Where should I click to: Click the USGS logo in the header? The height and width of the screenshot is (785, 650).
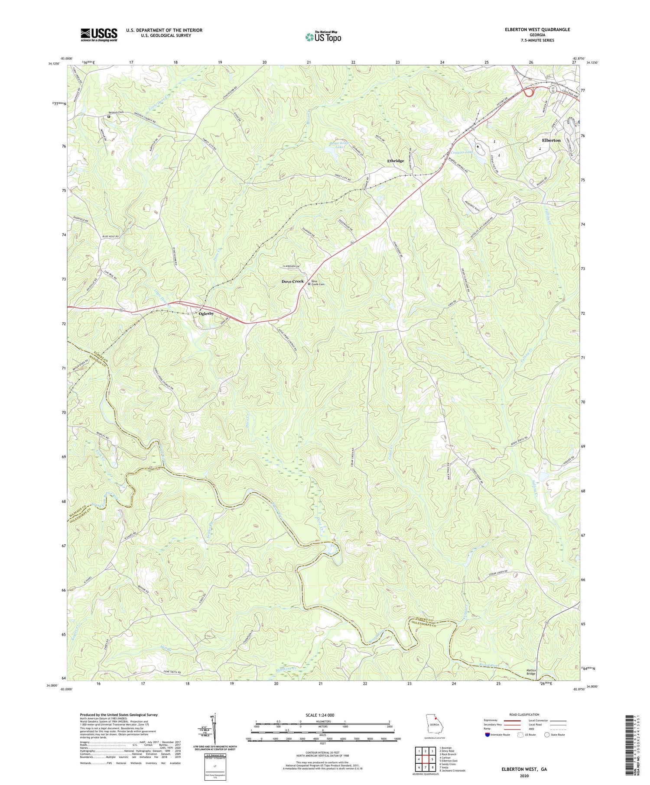coord(99,35)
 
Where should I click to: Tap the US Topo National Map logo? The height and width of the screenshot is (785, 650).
coord(323,37)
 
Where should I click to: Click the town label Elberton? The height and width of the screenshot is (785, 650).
coord(551,140)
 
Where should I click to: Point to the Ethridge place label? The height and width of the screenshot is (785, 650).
coord(395,161)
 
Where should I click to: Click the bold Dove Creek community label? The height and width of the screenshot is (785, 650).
coord(292,281)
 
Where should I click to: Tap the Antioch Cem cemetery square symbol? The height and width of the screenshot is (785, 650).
coord(109,116)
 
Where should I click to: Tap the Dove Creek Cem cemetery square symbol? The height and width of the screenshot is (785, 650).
coord(309,284)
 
